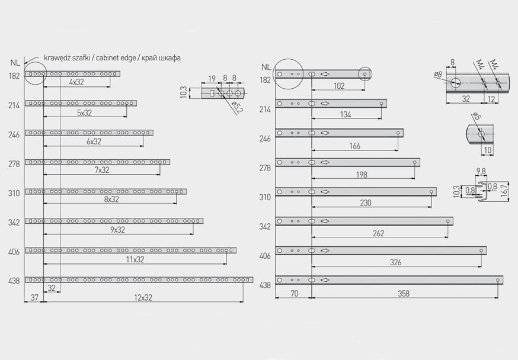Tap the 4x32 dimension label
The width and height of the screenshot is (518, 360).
(76, 82)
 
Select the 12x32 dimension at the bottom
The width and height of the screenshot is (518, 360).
(143, 298)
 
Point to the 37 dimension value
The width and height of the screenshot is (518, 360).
(34, 297)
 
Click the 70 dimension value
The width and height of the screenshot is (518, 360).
(294, 293)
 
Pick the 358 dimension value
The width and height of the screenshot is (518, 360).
(404, 293)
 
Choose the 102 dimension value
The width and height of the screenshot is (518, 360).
(339, 86)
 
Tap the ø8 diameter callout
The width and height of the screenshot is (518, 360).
(438, 74)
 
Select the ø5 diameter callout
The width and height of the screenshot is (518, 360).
(477, 116)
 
